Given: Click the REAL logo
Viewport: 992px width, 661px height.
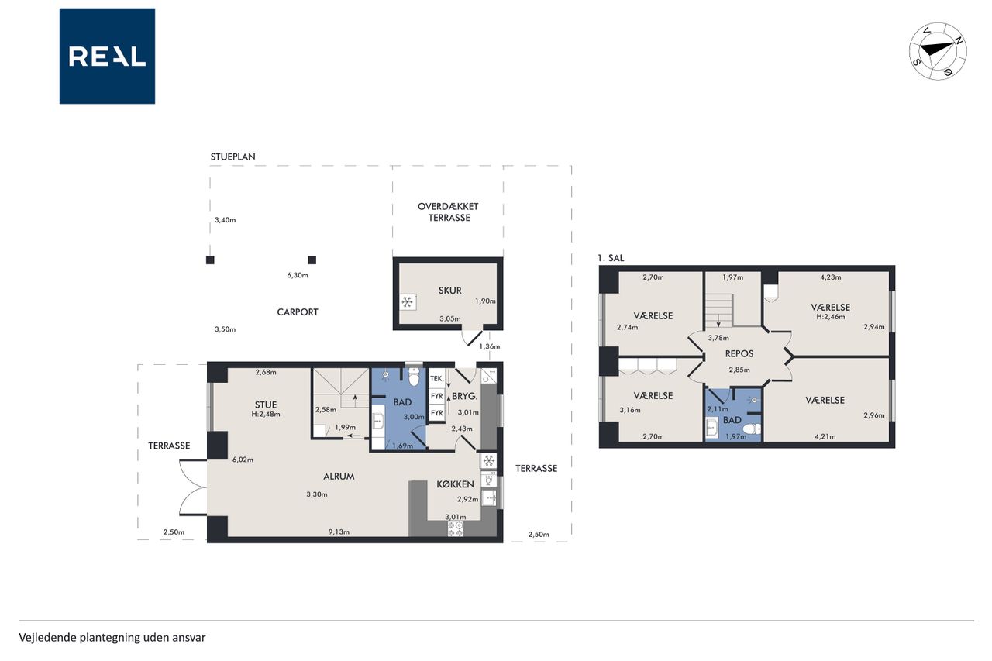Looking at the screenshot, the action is coord(107,57).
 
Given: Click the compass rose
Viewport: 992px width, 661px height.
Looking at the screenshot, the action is coord(938,51).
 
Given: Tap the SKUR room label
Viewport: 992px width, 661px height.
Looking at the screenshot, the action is coord(450,291).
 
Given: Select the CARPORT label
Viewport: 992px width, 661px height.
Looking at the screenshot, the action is coord(298,312).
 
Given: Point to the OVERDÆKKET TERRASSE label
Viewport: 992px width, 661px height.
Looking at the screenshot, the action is coord(448,212).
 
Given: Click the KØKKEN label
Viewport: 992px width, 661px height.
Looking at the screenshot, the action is coord(455,484).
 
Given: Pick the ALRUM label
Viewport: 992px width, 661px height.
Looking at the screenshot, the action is coord(339,477).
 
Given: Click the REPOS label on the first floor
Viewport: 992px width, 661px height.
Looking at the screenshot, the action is coord(739,353).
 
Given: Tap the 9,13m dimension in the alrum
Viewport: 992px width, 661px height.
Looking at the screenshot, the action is coord(339,532).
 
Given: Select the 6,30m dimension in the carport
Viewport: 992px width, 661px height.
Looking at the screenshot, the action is coord(298,275).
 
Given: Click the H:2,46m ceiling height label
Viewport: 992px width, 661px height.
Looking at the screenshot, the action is coord(830,317).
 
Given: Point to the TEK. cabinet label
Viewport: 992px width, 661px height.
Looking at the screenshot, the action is coord(436,379).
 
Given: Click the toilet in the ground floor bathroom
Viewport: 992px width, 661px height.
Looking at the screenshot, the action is coord(414,377).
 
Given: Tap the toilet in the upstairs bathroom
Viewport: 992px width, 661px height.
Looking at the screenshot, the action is coord(752,429).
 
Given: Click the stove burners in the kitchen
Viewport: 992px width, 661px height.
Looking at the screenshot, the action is coord(455,528).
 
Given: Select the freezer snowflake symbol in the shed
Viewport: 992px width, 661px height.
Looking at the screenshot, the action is coord(407,302).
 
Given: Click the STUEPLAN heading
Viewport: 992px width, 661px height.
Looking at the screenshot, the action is coord(233,157).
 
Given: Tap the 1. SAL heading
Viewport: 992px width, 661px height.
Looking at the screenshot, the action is coord(611,258).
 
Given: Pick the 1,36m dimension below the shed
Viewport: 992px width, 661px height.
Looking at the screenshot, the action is coord(489,346).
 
